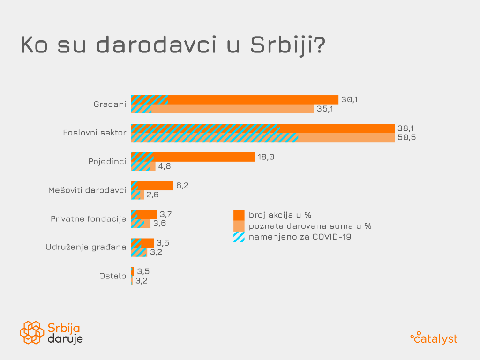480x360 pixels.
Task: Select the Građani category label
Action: click(x=110, y=104)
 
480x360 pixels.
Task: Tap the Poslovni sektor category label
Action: click(x=95, y=133)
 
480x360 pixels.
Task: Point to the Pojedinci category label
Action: click(x=107, y=161)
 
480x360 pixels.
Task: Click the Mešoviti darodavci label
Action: click(x=87, y=190)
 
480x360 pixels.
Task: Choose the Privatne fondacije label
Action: click(x=88, y=218)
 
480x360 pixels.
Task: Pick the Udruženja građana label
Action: click(x=86, y=247)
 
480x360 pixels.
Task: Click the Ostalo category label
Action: click(x=112, y=276)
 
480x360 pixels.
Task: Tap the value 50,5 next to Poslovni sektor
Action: click(x=407, y=137)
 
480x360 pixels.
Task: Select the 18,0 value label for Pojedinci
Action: click(x=266, y=157)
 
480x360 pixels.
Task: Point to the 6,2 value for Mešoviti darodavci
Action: click(x=182, y=186)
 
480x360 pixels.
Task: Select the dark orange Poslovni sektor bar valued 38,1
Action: click(x=337, y=128)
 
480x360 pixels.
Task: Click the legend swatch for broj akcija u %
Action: click(x=239, y=215)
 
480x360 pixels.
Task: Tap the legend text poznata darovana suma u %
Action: click(x=310, y=226)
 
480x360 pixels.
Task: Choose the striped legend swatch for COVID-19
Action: click(x=239, y=237)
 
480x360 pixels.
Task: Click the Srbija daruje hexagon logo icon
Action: click(x=32, y=332)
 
